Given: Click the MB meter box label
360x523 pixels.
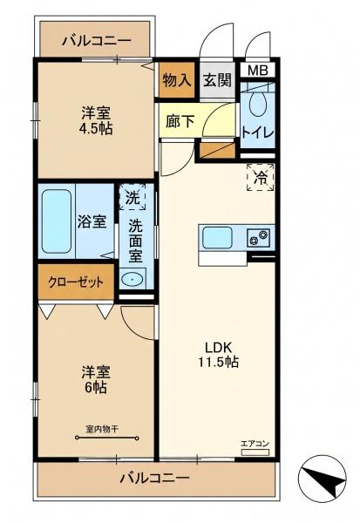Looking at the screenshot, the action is point(258,71).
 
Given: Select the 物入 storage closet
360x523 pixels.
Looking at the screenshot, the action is point(177,80).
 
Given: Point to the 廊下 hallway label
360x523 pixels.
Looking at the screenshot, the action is point(180,121).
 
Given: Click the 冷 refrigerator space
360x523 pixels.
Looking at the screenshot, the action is point(261,177).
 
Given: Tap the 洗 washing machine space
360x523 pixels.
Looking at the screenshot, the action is point(132,197).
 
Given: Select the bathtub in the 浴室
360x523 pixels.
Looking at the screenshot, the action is point(57,221).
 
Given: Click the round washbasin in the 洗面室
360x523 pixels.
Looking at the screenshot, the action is point(132,279).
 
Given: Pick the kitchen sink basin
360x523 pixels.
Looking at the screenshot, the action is point(217,237).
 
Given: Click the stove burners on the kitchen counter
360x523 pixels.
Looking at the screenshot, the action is point(259,237).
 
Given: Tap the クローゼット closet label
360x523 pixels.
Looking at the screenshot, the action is point(76,282).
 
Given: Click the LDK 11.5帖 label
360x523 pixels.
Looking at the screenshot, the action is point(219,355).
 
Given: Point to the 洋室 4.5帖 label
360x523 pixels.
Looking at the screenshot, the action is point(96,121).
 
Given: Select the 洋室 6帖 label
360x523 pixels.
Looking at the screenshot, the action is point(96,380).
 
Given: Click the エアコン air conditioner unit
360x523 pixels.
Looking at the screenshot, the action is point(255,452).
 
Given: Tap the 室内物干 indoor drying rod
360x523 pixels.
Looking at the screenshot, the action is point(107,438).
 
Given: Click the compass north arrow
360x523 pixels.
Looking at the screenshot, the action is point(323,479).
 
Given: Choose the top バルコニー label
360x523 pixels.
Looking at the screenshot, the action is point(97,41).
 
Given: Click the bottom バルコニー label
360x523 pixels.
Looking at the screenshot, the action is point(154,479).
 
